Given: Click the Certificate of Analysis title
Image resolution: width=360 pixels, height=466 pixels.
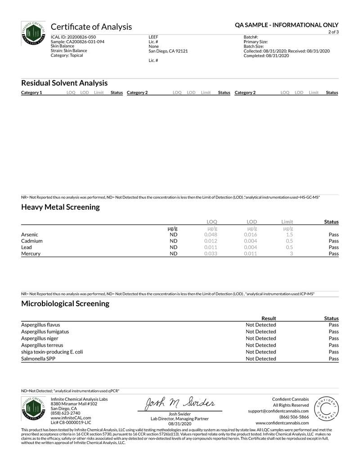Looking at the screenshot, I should pyautogui.click(x=91, y=27).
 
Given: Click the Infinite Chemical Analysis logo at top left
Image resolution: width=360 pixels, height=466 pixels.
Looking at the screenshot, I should pyautogui.click(x=33, y=34).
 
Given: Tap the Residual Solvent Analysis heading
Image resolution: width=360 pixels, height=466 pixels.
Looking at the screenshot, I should pyautogui.click(x=64, y=83).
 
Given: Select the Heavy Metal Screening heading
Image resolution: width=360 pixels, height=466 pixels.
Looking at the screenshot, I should pyautogui.click(x=60, y=207).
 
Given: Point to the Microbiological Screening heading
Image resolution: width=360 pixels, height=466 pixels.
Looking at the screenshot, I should pyautogui.click(x=65, y=303).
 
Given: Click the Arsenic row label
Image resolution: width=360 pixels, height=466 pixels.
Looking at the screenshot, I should pyautogui.click(x=30, y=235).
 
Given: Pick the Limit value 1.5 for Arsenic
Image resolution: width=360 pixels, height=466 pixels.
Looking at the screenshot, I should pyautogui.click(x=289, y=235).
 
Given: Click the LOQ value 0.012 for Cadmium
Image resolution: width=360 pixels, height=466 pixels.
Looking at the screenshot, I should pyautogui.click(x=211, y=241).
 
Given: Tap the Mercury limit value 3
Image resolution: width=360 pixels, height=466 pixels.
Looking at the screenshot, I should pyautogui.click(x=292, y=253).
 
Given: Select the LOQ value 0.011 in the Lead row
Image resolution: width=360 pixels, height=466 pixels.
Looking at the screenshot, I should pyautogui.click(x=211, y=247).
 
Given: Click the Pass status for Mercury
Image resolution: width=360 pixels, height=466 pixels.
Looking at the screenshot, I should pyautogui.click(x=333, y=253).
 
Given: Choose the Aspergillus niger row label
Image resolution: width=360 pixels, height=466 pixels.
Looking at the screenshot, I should pyautogui.click(x=40, y=338).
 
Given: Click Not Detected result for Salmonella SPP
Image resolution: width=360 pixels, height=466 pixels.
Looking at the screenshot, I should pyautogui.click(x=261, y=358).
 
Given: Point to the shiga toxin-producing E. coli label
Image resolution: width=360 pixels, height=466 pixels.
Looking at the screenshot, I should pyautogui.click(x=52, y=352).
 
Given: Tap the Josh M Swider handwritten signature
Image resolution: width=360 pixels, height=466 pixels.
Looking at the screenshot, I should pyautogui.click(x=180, y=403).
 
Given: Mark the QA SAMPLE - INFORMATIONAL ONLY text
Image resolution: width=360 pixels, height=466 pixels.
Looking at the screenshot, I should pyautogui.click(x=287, y=25).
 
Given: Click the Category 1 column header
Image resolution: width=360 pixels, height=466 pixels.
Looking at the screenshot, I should pyautogui.click(x=31, y=93).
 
